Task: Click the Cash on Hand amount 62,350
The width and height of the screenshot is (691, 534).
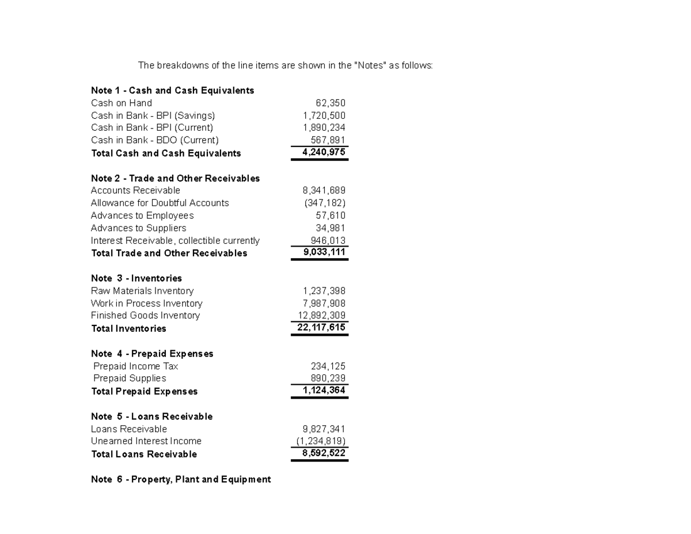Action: tap(331, 103)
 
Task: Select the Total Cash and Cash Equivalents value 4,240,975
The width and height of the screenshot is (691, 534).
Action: tap(324, 153)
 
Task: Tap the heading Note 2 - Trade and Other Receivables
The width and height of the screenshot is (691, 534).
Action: tap(175, 179)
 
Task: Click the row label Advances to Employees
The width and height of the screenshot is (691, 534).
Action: tap(142, 215)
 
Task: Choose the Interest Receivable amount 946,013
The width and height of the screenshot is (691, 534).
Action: tap(328, 241)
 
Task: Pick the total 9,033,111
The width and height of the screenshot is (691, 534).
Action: tap(324, 252)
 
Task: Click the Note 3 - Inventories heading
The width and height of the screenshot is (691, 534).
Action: tap(136, 278)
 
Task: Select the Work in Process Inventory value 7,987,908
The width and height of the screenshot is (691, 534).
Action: tap(324, 304)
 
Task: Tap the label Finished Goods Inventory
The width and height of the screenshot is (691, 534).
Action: tap(145, 316)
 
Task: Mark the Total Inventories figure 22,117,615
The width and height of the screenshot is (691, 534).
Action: tap(321, 328)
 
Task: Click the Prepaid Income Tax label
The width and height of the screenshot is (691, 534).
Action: tap(135, 366)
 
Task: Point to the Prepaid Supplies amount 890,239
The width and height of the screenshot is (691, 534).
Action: tap(328, 378)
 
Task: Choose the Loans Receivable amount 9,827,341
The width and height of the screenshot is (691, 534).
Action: tap(324, 429)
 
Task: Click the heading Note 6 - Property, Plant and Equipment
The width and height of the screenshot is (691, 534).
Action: tap(181, 479)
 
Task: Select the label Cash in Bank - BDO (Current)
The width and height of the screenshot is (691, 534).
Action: tap(155, 140)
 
